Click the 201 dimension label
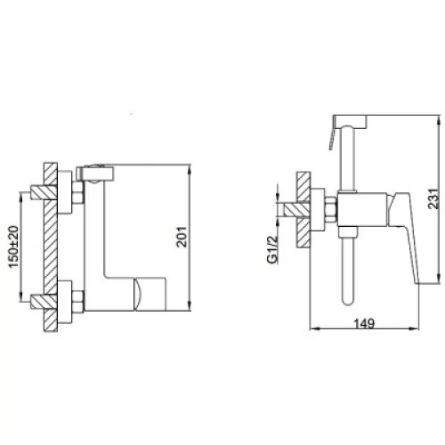coord(182,237)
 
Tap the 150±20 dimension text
coord(13,247)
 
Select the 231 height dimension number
coord(433,198)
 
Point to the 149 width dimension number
coord(364,323)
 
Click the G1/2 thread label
coord(272,248)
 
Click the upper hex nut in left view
coord(78,193)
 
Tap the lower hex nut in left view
coord(78,301)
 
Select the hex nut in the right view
coord(331,210)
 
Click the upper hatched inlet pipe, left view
coord(44,192)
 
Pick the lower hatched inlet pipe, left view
coord(44,302)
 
